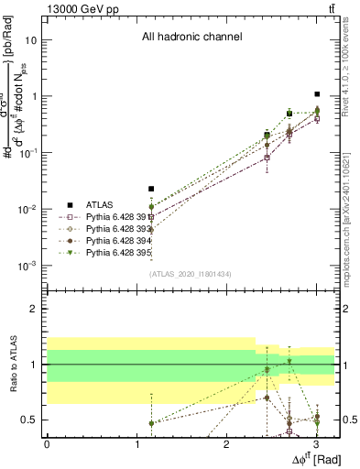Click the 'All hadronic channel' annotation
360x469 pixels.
point(191,38)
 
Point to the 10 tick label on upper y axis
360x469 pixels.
point(32,41)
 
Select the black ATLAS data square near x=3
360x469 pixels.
point(316,94)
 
